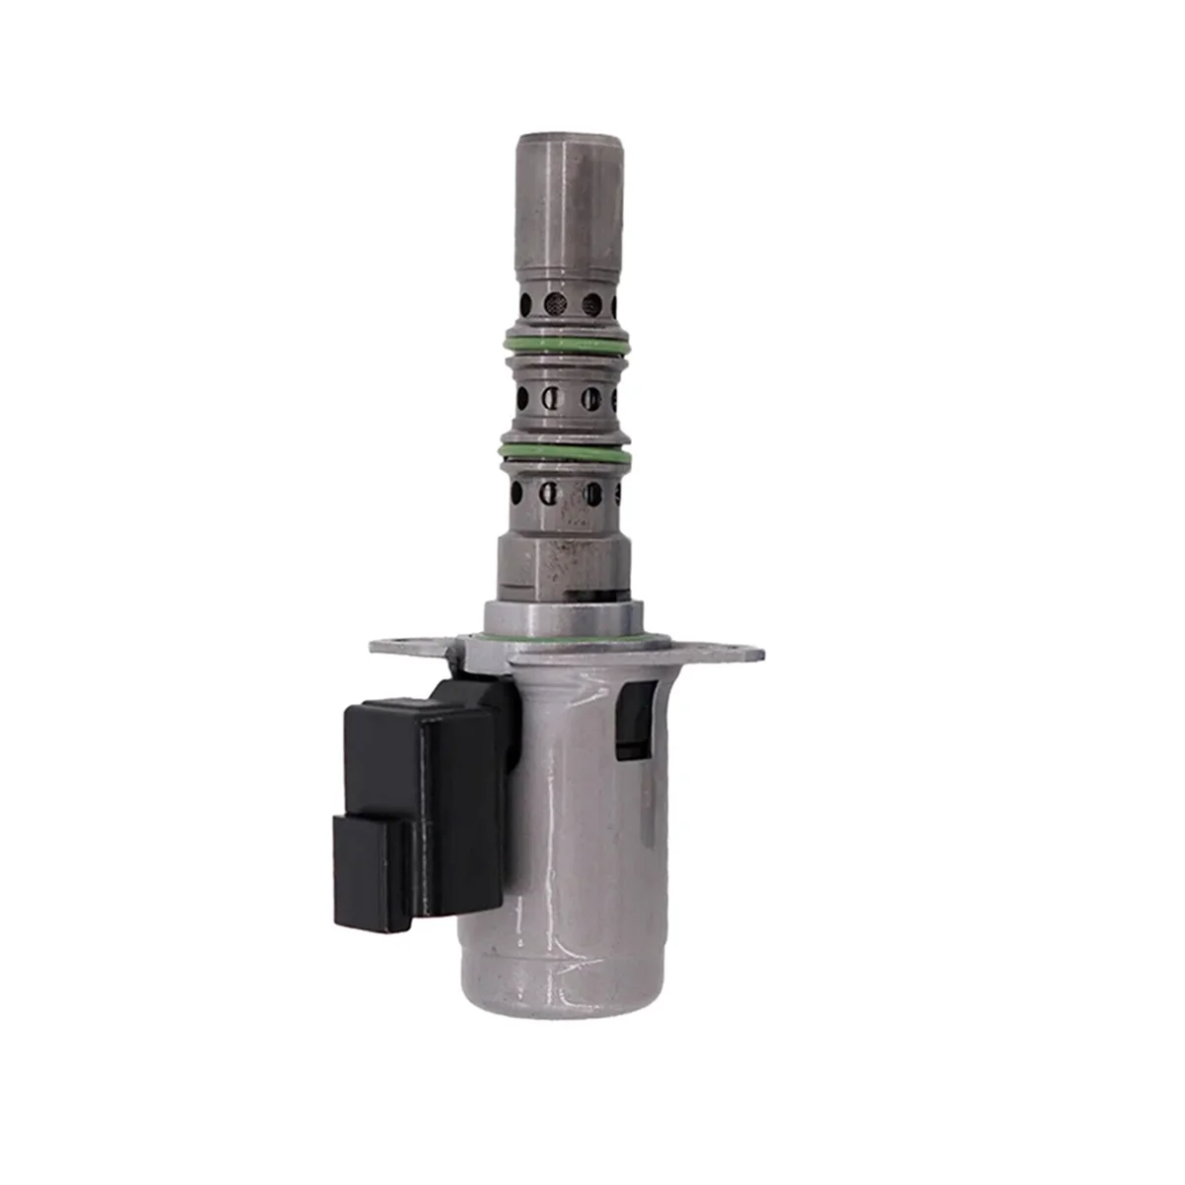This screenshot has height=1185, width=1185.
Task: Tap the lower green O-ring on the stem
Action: pyautogui.click(x=568, y=451)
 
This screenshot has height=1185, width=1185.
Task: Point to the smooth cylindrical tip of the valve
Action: pyautogui.click(x=573, y=197)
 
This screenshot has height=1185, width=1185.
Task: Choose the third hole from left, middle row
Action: pyautogui.click(x=591, y=399)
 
